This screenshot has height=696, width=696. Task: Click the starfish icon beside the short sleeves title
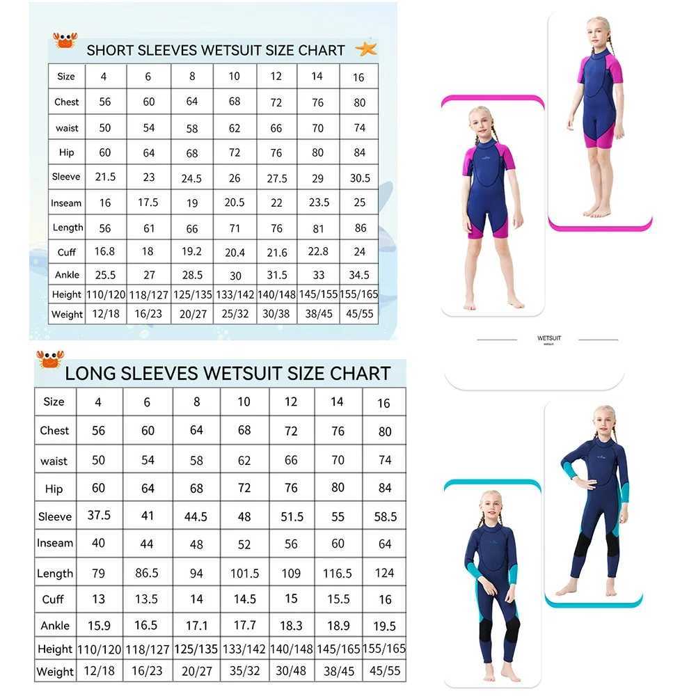pos(365,49)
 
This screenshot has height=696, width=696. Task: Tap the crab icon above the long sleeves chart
pos(49,358)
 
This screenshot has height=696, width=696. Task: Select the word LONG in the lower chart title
pos(90,373)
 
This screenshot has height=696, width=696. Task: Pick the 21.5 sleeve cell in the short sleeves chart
pos(105,177)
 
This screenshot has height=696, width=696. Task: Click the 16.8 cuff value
pos(105,251)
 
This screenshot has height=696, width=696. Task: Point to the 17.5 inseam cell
pos(148,203)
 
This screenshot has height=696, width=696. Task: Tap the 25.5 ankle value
pos(105,275)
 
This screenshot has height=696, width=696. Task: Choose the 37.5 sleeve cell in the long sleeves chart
pos(98,515)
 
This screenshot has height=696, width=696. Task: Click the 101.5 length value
pos(244,574)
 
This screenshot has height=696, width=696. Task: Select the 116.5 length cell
pos(338,573)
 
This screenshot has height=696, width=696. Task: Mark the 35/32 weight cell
pos(244,672)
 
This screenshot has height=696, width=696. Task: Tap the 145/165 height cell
pos(338,649)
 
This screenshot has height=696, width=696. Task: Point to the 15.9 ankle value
pos(98,625)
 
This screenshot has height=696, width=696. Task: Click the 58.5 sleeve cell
pos(385,516)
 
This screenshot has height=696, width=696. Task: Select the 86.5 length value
pos(148,573)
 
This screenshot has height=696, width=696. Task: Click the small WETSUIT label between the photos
pos(549,338)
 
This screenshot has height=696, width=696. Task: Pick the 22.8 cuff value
pos(318,251)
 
